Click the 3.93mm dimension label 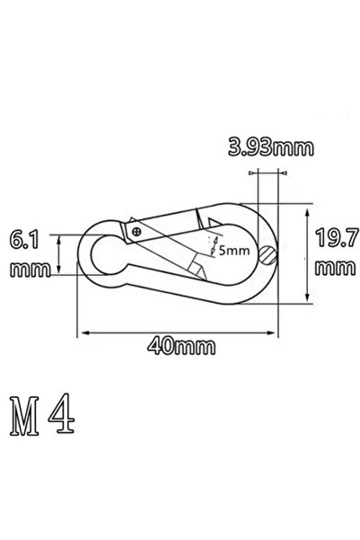click(271, 147)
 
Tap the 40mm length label click(181, 346)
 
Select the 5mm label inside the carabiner click(234, 250)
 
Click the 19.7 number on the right click(337, 237)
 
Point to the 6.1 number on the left click(24, 240)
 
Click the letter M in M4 click(24, 416)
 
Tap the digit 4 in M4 click(61, 413)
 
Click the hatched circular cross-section click(268, 255)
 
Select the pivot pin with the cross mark click(136, 232)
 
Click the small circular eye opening click(109, 255)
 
